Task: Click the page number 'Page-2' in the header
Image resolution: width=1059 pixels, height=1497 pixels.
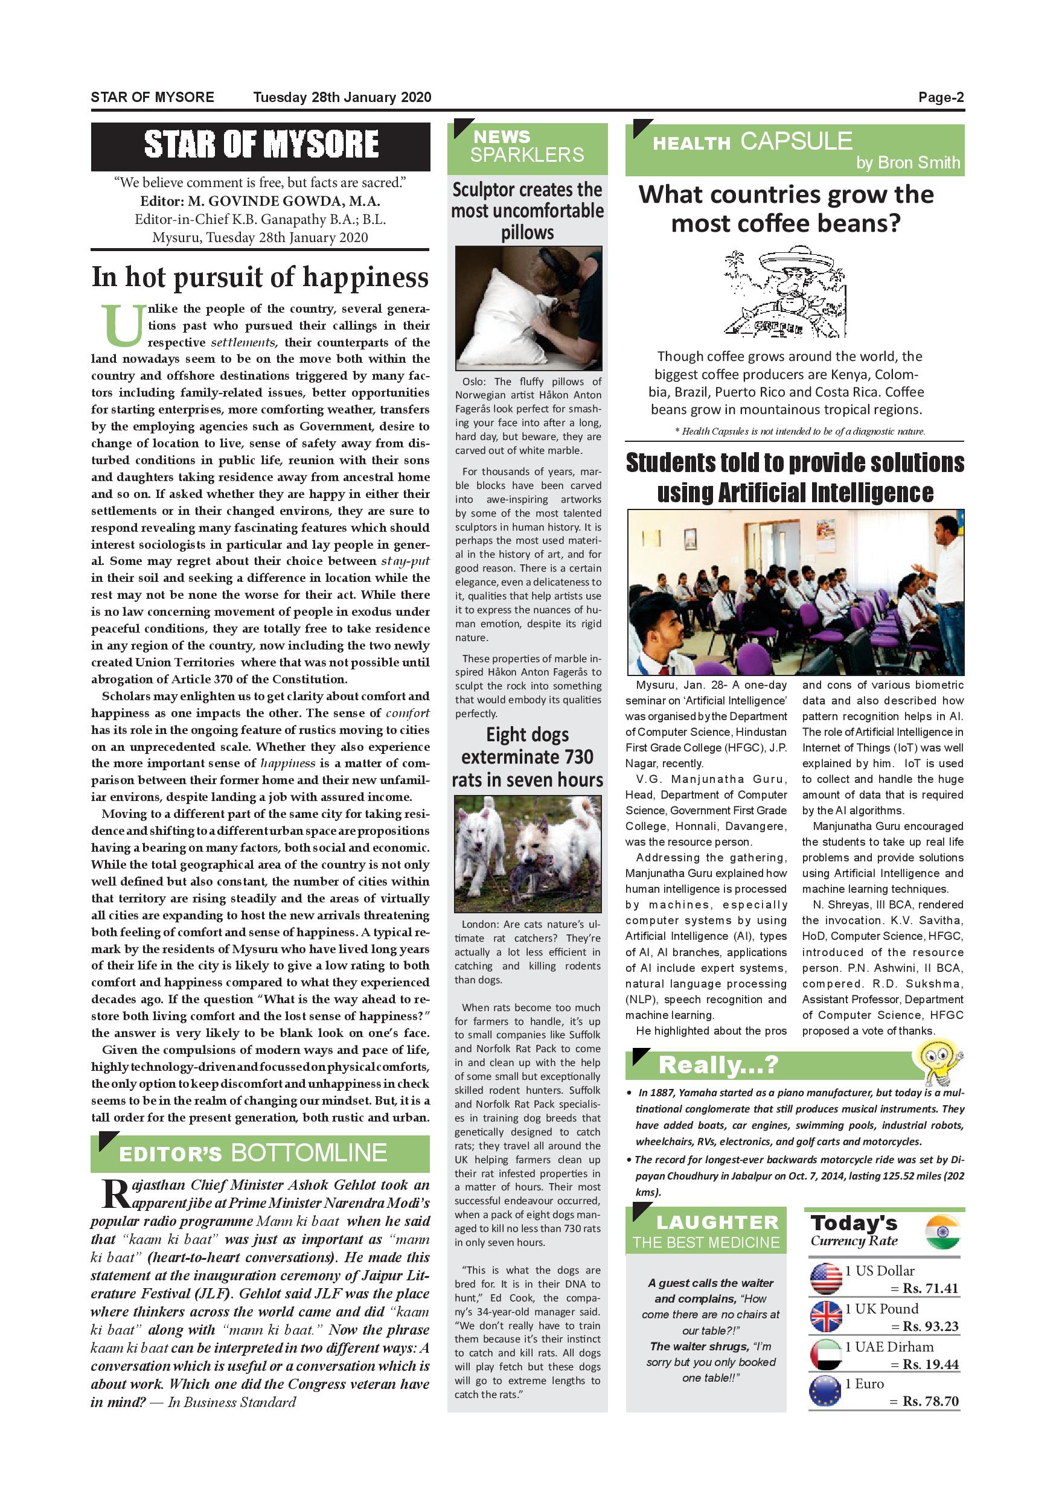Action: click(x=940, y=98)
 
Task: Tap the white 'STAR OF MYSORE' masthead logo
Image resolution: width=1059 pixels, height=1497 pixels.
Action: click(x=261, y=145)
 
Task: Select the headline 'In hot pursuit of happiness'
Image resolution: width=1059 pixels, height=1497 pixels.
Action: click(x=260, y=277)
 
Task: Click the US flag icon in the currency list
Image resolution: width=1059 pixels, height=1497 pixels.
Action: click(x=825, y=1278)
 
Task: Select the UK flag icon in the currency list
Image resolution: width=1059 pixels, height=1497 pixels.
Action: click(x=825, y=1317)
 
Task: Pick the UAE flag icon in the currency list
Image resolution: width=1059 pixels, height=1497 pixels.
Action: click(x=825, y=1354)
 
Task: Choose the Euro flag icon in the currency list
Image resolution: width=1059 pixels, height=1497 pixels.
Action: click(x=825, y=1391)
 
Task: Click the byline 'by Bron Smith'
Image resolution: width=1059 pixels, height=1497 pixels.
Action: click(x=907, y=162)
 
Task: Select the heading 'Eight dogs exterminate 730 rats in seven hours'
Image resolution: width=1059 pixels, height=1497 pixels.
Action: click(x=528, y=757)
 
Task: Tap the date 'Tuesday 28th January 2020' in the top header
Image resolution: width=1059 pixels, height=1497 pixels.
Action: click(x=342, y=98)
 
